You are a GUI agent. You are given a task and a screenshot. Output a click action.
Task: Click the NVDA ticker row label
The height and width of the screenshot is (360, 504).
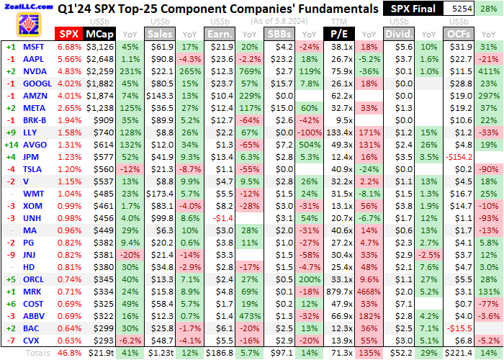coord(34,71)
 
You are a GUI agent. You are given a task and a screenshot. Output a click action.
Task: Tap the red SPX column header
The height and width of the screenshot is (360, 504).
coord(68,34)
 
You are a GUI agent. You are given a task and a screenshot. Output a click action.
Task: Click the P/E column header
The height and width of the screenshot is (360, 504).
coord(338,34)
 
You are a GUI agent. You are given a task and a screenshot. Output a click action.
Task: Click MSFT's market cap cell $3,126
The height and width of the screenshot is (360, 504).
coord(99,46)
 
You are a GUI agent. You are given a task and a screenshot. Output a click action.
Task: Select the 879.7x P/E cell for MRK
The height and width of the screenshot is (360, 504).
coord(336,292)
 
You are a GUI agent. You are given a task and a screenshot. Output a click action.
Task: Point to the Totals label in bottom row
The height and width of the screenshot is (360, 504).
coord(38,353)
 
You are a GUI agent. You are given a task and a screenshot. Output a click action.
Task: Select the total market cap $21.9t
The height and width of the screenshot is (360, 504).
coord(100,353)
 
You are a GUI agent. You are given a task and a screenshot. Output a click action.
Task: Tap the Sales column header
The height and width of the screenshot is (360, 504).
coord(161,34)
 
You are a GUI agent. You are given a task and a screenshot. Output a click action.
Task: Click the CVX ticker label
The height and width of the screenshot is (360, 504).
coord(32,341)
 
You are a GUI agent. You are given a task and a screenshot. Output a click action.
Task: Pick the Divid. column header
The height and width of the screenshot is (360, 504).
coord(397,34)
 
